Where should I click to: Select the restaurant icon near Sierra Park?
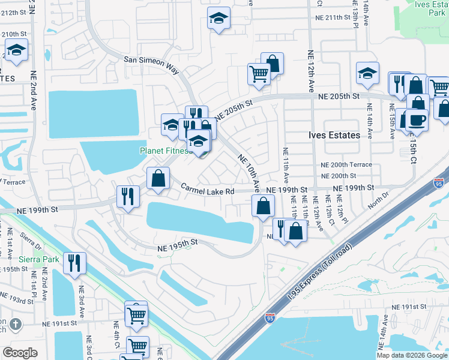click(x=74, y=263)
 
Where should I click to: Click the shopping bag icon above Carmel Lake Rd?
click(x=158, y=178)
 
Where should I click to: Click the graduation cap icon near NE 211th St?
click(x=218, y=19)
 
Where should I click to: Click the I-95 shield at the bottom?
click(x=271, y=316)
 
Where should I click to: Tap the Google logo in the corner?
click(x=20, y=353)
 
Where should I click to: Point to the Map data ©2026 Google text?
click(x=412, y=355)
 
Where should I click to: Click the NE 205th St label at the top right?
click(x=339, y=96)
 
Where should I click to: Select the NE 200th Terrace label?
click(x=346, y=164)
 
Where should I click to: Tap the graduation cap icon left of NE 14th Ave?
click(x=367, y=73)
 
